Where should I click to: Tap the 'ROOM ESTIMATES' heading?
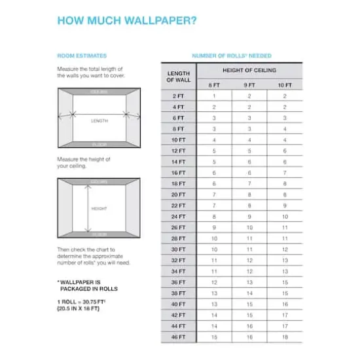82,56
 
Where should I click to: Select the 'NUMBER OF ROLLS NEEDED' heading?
231,56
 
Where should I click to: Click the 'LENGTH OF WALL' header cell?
178,76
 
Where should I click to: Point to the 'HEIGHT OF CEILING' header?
249,70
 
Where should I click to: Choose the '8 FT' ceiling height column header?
214,85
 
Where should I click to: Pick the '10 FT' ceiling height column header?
285,85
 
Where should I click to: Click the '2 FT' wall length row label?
178,96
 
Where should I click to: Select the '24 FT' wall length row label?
178,216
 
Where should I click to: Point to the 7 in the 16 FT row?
285,172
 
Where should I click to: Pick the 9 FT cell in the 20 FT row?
249,194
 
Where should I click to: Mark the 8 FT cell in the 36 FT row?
214,282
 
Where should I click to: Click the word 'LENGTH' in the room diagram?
99,120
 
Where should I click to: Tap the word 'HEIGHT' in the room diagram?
99,209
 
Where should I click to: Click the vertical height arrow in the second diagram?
86,208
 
